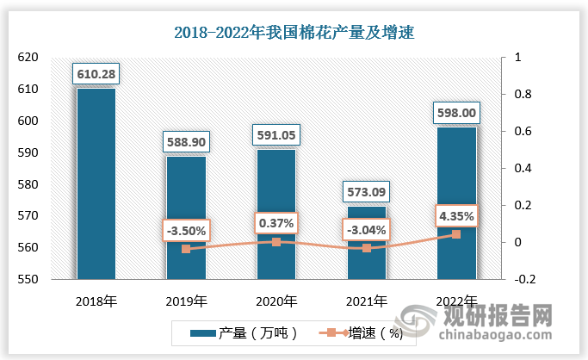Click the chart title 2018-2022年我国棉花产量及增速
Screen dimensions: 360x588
click(294, 34)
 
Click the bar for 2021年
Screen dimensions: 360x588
click(367, 242)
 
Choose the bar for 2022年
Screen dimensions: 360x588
click(456, 202)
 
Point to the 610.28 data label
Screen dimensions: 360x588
click(96, 71)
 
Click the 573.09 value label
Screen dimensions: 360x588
click(367, 189)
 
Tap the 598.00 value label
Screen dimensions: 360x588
click(456, 112)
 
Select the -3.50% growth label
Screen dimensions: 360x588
click(186, 231)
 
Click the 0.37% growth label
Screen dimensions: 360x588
click(276, 223)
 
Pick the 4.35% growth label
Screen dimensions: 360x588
click(456, 214)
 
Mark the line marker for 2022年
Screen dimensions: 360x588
click(456, 234)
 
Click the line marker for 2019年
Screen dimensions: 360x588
click(186, 249)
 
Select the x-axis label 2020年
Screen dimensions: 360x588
click(276, 301)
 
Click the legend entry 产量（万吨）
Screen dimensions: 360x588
click(238, 332)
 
